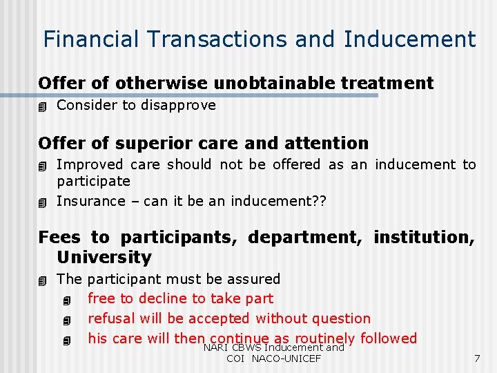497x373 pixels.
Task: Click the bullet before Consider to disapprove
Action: (x=43, y=106)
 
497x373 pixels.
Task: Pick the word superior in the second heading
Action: (x=147, y=144)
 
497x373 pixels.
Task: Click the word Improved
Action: (x=89, y=164)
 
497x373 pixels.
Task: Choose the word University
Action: (x=104, y=258)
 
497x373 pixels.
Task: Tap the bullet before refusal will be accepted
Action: (x=66, y=320)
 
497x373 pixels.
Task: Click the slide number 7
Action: (x=476, y=358)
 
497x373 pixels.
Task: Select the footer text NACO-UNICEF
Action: (x=286, y=359)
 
